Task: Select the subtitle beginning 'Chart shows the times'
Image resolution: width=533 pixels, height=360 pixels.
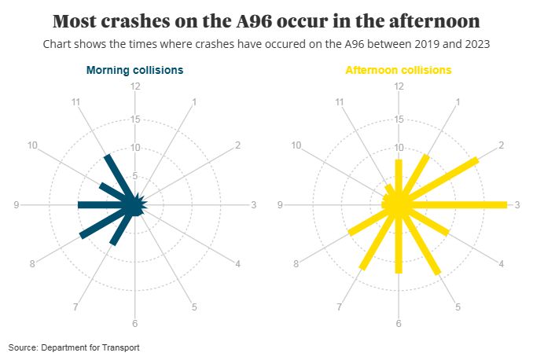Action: click(x=266, y=44)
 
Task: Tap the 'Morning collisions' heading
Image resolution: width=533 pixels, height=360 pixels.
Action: click(x=134, y=70)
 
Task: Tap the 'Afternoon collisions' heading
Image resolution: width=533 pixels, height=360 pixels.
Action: click(x=399, y=70)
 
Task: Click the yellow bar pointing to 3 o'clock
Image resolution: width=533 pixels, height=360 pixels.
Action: click(x=456, y=205)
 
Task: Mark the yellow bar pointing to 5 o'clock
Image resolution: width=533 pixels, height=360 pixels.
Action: click(x=419, y=241)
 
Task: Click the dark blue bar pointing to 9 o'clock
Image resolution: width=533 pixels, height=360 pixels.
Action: click(x=106, y=205)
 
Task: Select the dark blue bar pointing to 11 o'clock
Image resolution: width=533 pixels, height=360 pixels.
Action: click(x=120, y=179)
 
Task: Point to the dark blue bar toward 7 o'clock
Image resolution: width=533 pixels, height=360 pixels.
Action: click(x=123, y=226)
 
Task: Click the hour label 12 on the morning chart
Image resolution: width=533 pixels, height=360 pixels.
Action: click(x=135, y=86)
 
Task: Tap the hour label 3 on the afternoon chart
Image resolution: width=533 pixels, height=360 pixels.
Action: click(x=517, y=205)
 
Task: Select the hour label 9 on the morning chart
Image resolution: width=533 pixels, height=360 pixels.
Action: click(x=17, y=205)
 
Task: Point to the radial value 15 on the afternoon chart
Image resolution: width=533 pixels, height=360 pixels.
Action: click(x=399, y=119)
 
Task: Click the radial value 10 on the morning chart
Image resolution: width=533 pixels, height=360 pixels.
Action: click(x=135, y=148)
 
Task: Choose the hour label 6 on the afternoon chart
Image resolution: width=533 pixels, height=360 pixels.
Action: click(x=399, y=324)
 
